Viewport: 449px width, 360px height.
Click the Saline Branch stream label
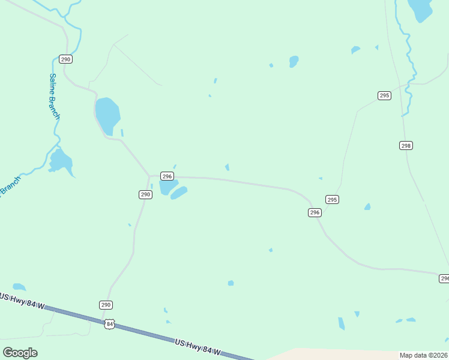tap(54, 96)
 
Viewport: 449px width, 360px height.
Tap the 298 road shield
tap(406, 146)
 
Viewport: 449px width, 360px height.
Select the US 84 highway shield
tap(109, 324)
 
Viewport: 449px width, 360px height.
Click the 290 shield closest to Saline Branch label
tap(65, 59)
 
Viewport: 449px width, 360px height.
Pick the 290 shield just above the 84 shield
tap(106, 305)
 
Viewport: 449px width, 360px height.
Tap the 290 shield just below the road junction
tap(145, 194)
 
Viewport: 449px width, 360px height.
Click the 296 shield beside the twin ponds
tap(167, 176)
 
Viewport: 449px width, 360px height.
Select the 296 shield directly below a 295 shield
tap(315, 212)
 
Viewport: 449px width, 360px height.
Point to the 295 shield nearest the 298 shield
tap(385, 95)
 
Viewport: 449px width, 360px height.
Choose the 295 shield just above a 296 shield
tap(333, 199)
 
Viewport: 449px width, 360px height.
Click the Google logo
tap(20, 352)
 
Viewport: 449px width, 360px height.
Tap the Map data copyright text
tap(424, 355)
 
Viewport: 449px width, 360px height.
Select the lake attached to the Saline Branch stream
tap(61, 161)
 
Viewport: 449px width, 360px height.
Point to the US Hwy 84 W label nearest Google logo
tap(23, 302)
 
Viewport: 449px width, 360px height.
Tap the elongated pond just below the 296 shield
tap(179, 193)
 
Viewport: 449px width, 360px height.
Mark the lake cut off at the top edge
tap(420, 9)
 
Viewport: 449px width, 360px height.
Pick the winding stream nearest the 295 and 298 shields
tap(409, 66)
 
